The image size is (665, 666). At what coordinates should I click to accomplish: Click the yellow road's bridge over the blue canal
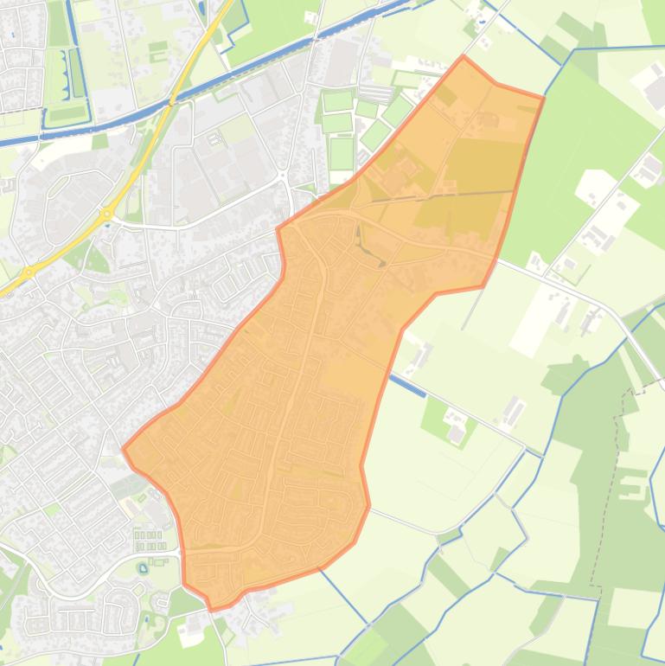[x=173, y=101]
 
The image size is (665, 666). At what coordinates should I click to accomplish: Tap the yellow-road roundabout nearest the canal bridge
[x=107, y=213]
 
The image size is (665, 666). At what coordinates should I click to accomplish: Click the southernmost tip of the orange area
[x=213, y=609]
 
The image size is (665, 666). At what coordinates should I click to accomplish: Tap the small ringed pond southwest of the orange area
[x=143, y=568]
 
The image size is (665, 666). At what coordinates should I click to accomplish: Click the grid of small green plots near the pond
[x=150, y=540]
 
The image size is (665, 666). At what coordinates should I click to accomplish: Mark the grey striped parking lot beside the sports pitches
[x=375, y=92]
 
